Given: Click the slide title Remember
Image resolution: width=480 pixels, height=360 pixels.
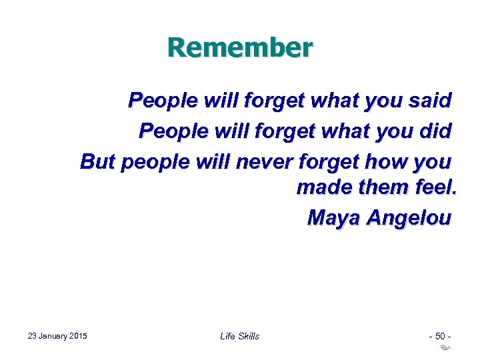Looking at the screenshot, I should (240, 48).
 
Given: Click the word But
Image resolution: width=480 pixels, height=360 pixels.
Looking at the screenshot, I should (97, 161).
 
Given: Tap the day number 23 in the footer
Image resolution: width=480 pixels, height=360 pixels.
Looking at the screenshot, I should (33, 335).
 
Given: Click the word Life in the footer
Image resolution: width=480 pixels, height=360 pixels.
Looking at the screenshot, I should (227, 336).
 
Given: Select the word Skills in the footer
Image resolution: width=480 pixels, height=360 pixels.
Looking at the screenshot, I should (249, 336).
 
